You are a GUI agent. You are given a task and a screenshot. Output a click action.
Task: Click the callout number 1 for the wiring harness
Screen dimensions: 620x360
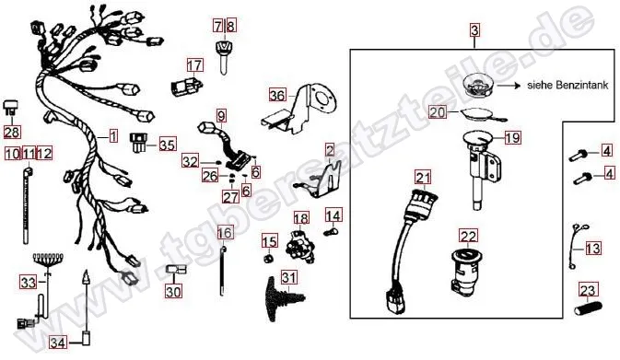pos(113,137)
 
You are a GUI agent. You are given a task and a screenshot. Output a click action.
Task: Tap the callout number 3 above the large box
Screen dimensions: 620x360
pos(474,30)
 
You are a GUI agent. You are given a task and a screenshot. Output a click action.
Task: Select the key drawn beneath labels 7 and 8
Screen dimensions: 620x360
pos(224,57)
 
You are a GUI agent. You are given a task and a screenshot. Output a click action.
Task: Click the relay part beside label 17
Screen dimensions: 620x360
pos(186,86)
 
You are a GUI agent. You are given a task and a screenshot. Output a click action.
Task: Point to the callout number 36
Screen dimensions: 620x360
pos(277,95)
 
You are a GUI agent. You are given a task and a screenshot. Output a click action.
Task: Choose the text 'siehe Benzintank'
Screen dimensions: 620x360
pos(567,85)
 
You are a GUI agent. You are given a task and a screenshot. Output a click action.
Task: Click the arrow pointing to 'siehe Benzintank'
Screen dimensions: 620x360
pos(509,85)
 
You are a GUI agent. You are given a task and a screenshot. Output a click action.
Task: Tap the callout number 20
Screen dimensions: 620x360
pos(438,112)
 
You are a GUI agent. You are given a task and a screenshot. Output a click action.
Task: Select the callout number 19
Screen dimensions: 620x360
pos(513,138)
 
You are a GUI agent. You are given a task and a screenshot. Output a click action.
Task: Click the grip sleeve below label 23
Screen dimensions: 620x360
pos(588,308)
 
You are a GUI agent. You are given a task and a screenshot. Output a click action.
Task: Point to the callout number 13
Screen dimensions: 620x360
pos(592,249)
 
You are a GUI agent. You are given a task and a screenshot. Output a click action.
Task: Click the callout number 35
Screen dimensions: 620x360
pos(168,145)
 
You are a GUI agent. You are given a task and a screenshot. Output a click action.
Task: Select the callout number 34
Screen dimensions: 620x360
pos(58,343)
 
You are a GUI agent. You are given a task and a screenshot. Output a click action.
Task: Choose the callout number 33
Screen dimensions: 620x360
pos(29,283)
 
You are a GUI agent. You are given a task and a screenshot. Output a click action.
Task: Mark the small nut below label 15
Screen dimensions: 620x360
pos(269,260)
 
